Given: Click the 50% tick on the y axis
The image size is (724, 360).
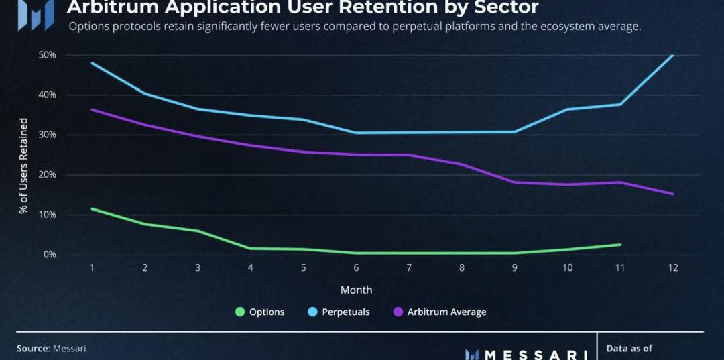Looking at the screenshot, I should pos(46,55).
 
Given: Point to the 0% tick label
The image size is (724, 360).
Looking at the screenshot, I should pos(49,255).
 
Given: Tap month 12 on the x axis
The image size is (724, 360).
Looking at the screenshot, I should pos(672,267).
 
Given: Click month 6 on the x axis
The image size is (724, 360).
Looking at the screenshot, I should pos(356,267).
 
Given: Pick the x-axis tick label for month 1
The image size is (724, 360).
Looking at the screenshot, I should pos(92,267).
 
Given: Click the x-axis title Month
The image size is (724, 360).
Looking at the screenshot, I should pos(356,290).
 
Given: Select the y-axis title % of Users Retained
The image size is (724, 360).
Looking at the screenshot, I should pos(24,166).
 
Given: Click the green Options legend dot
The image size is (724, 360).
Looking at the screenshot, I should pos(239,312).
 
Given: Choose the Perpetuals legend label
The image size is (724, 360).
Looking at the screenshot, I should pos(345,312).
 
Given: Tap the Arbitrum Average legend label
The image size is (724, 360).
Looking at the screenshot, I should pos(446,312).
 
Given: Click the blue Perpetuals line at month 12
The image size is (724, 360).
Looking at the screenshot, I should pos(672,56).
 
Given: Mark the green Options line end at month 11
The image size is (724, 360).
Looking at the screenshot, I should pos(620,245).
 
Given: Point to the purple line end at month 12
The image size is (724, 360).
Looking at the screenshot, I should pos(672,194).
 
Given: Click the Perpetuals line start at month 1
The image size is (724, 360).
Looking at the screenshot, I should pos(92,63).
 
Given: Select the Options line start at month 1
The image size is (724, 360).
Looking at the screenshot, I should pos(92,208).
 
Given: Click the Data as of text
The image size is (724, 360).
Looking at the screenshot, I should pos(629,349).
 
